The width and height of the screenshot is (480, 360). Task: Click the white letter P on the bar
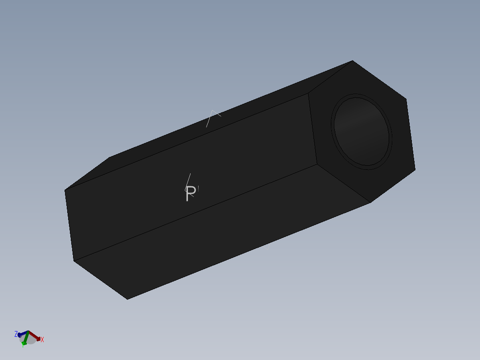[x=190, y=194]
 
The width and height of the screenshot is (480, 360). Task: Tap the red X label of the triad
[x=42, y=340]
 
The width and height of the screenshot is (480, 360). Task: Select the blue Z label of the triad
[x=16, y=334]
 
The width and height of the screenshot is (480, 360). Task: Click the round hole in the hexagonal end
[x=362, y=131]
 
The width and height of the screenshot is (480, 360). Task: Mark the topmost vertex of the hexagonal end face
[x=353, y=61]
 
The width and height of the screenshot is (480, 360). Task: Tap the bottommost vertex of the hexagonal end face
[x=371, y=203]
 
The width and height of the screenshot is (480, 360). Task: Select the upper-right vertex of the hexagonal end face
[x=406, y=99]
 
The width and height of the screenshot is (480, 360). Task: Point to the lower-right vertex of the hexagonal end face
[x=415, y=169]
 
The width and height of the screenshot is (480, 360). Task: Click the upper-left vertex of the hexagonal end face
[x=309, y=94]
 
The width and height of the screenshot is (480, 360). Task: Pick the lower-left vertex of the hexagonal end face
[x=317, y=164]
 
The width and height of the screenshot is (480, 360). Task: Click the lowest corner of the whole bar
[x=127, y=299]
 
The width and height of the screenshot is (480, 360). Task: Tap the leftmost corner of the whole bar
[x=65, y=190]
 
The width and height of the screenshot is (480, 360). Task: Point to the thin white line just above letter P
[x=188, y=180]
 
